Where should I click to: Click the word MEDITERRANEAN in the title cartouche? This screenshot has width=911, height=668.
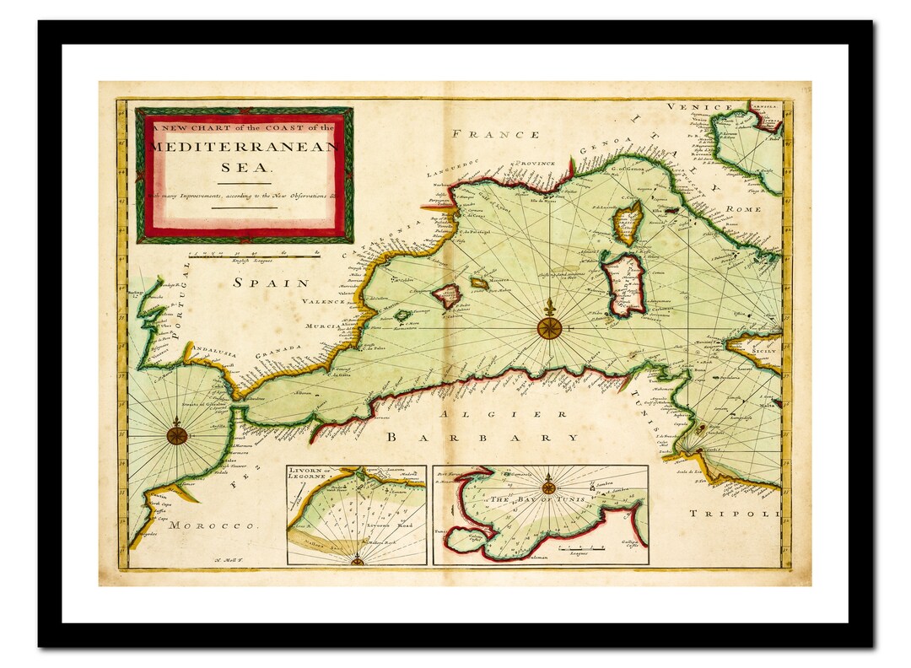pyautogui.click(x=245, y=147)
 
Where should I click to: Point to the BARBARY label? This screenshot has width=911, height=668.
pyautogui.click(x=482, y=438)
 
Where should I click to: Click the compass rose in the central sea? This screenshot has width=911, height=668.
pyautogui.click(x=550, y=327)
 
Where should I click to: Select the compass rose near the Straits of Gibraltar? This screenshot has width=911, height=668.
pyautogui.click(x=177, y=435)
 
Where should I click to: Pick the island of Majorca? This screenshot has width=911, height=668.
pyautogui.click(x=447, y=295)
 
